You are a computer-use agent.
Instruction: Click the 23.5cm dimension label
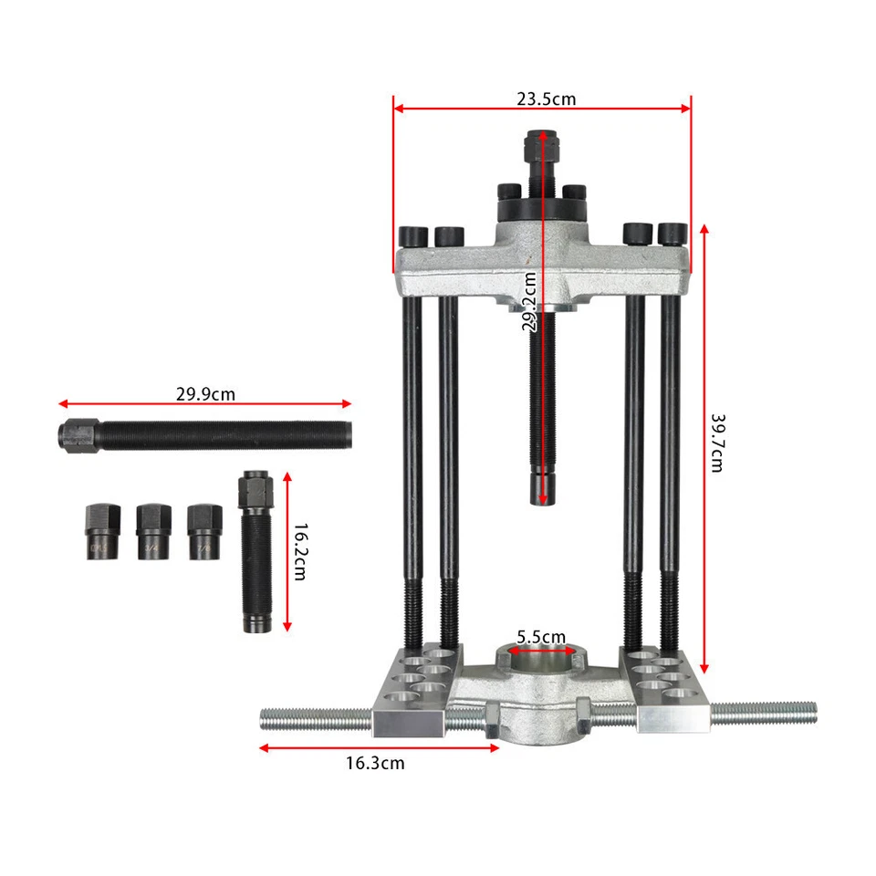pos(546,99)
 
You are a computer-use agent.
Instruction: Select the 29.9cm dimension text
pos(205,395)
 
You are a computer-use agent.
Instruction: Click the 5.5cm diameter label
pos(541,636)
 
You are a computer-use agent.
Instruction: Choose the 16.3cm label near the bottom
pos(374,763)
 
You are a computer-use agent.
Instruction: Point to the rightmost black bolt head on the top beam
pos(673,234)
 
